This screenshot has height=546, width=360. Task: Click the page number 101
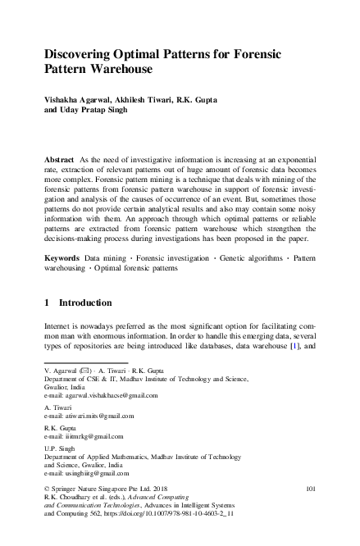(310, 489)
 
